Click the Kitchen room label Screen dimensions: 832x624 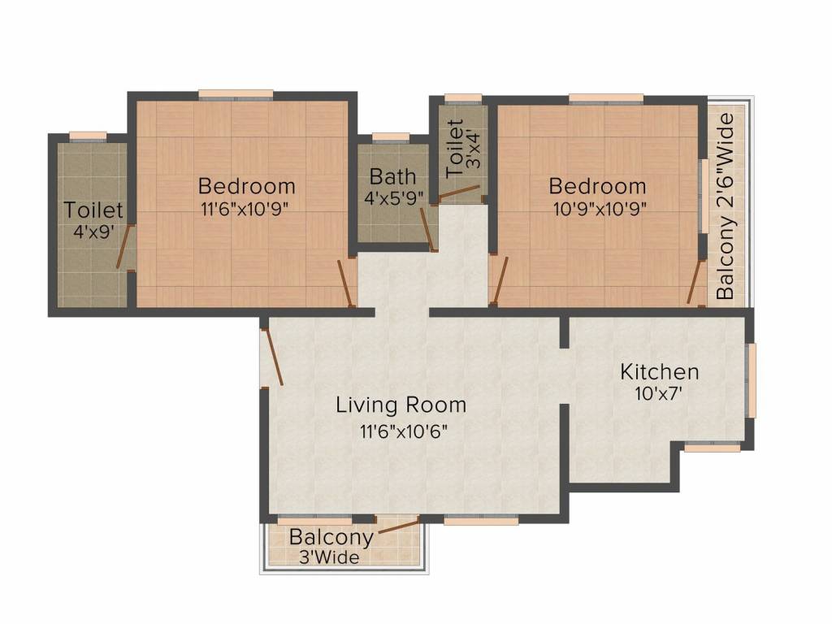click(660, 371)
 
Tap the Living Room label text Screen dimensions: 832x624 click(401, 405)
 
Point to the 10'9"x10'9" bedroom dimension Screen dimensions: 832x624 click(600, 209)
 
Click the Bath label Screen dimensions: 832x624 click(392, 175)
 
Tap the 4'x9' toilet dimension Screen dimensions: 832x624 click(94, 232)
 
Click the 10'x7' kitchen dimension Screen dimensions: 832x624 click(658, 394)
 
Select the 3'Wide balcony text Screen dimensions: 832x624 click(329, 557)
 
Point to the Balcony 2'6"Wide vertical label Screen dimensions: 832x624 click(725, 207)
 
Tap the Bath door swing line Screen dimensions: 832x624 click(427, 229)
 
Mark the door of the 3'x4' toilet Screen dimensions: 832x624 click(458, 193)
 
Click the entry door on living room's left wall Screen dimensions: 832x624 click(273, 357)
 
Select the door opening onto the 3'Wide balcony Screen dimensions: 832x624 click(398, 526)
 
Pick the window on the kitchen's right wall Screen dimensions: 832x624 click(751, 380)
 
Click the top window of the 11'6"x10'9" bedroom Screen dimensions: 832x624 click(236, 95)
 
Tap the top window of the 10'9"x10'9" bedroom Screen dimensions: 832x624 click(606, 98)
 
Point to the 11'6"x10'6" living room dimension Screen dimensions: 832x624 click(404, 431)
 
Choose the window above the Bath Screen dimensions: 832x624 click(391, 137)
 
